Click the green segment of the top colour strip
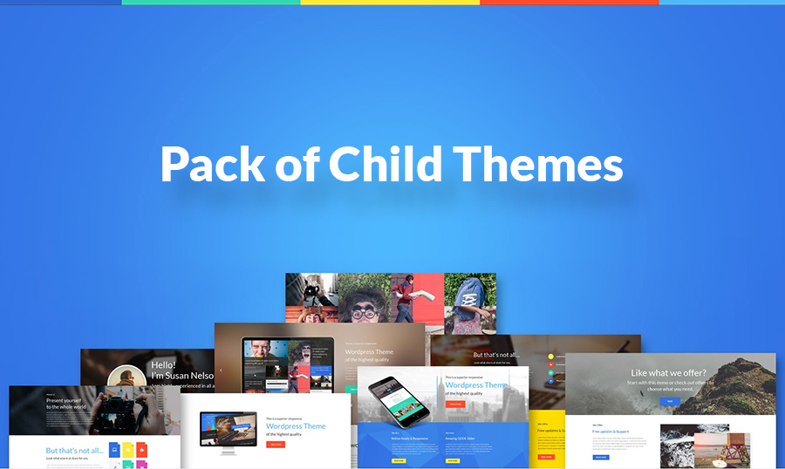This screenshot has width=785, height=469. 210,3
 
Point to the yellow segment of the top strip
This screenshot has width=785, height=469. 390,3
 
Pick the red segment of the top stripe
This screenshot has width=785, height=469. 569,3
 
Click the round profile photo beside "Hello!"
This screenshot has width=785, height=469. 126,377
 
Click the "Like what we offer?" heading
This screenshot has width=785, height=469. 668,373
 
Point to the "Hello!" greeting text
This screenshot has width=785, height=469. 164,365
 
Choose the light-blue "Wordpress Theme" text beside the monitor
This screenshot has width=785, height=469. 296,426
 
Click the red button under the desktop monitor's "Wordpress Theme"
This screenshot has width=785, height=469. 275,444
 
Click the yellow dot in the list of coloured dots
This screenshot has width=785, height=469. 551,357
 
